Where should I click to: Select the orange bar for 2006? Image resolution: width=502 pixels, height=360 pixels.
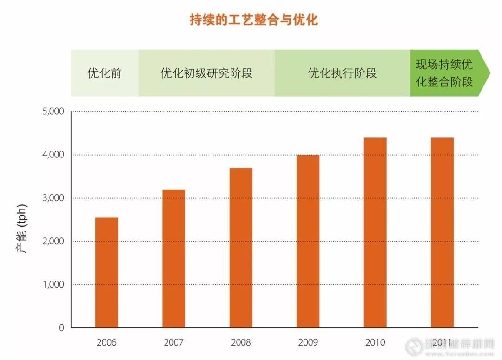pos(106,273)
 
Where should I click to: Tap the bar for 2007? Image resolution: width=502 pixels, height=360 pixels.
pos(173,258)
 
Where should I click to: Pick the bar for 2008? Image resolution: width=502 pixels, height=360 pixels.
pos(241,248)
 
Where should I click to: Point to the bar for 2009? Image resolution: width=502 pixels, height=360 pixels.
pos(308,241)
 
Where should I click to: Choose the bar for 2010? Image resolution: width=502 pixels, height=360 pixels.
pos(375,232)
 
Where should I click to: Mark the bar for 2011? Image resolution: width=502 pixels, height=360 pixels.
pos(442,232)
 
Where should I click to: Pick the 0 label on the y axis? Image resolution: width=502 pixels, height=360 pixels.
pos(61,327)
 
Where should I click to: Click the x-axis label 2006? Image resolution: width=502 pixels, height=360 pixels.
pos(106,343)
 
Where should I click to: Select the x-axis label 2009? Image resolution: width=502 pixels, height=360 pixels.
pos(308,343)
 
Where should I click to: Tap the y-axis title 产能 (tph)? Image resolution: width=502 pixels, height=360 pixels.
pos(22,227)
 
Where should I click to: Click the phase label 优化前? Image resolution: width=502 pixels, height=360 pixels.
pos(105,73)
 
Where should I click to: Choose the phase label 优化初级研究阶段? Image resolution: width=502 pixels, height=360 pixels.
pos(206,73)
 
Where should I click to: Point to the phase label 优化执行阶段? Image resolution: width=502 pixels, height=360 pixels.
pos(342,73)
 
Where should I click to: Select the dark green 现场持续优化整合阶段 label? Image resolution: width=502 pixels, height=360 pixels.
pos(444,73)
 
